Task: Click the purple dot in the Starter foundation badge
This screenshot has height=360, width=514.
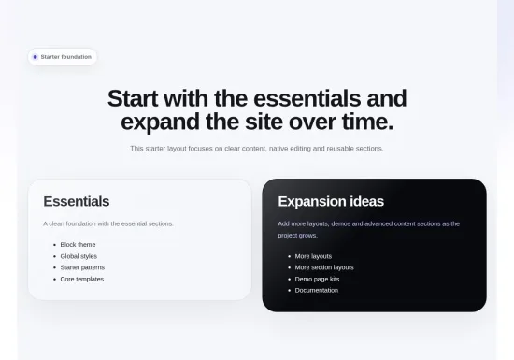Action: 36,57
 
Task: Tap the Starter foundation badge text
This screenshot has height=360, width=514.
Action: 66,57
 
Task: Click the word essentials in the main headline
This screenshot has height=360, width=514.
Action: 307,98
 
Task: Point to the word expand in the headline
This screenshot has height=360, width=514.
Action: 160,122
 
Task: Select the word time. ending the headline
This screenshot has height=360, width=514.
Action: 367,122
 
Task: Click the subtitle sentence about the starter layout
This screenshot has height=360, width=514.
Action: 257,149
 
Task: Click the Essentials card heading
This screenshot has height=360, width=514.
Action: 77,201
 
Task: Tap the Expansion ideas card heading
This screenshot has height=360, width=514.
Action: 331,201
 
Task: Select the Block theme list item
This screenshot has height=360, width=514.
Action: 78,245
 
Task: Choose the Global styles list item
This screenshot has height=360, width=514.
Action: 79,256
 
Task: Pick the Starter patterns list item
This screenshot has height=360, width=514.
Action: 82,267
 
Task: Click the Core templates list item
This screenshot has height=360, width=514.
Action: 82,279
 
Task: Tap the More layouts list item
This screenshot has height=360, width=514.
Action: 313,256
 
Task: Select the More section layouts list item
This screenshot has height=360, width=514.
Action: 324,267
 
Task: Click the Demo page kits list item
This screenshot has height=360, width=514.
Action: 317,279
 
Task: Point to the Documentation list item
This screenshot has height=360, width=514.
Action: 317,290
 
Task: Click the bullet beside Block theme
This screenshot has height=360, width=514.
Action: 55,245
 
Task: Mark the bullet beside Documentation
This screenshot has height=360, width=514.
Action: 290,291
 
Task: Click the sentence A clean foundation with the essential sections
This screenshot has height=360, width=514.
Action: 108,223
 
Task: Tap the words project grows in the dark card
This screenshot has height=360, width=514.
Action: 297,236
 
